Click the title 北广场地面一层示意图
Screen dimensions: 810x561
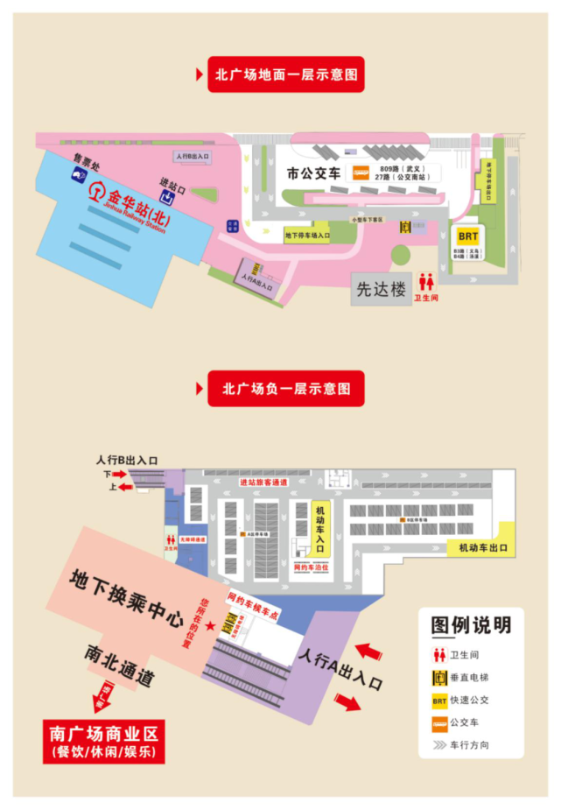tap(286, 74)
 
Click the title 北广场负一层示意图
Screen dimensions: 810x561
tap(286, 388)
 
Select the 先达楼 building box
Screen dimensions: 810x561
tap(379, 287)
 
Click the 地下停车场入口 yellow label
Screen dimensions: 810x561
tap(306, 235)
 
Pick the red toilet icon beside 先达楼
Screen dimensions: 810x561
tap(426, 282)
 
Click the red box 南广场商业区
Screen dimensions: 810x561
tap(104, 741)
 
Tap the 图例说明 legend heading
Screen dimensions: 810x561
tap(471, 625)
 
